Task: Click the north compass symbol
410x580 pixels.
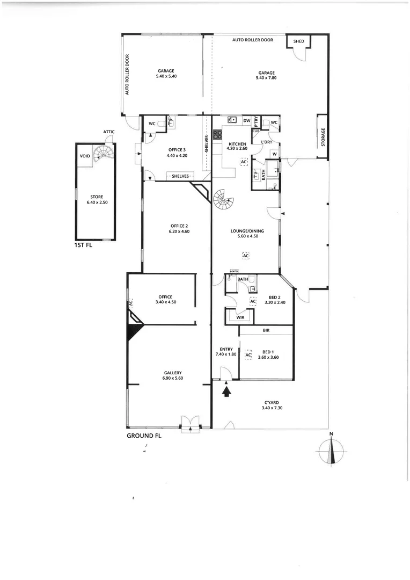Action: [332, 450]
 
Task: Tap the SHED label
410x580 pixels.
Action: [298, 41]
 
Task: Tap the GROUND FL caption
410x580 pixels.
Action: [144, 436]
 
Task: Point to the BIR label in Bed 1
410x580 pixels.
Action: [266, 330]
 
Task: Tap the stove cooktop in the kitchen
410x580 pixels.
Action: [218, 135]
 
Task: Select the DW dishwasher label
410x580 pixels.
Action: [246, 120]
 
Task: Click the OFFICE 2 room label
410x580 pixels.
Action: [179, 226]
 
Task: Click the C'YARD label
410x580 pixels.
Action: [271, 402]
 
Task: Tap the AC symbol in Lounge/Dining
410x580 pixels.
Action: [246, 256]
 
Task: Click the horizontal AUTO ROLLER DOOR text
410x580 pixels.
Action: [253, 40]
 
